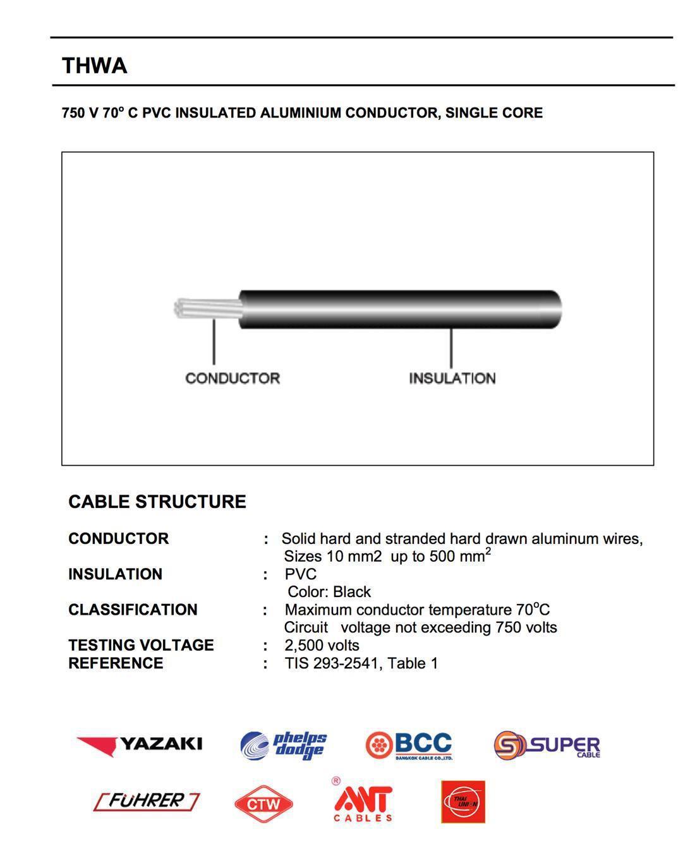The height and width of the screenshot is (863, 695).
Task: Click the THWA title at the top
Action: [x=94, y=66]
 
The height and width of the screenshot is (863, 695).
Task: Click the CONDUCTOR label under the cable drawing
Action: [x=232, y=378]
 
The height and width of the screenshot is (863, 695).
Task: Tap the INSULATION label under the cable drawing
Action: [x=452, y=378]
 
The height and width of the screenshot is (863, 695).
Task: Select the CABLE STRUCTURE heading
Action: [x=157, y=502]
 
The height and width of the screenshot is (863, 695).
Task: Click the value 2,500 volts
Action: [x=322, y=645]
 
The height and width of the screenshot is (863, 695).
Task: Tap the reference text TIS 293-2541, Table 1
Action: [x=361, y=663]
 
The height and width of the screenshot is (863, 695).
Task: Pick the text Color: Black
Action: [x=329, y=592]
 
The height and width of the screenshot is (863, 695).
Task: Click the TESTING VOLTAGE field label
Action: [x=141, y=645]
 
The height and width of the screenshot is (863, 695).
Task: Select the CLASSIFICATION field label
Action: [x=133, y=610]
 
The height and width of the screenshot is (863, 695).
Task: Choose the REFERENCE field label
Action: [x=116, y=663]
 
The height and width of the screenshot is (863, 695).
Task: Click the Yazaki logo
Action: [x=140, y=744]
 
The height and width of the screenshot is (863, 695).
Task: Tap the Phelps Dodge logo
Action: [x=284, y=745]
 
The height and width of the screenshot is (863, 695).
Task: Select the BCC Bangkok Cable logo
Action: [x=409, y=745]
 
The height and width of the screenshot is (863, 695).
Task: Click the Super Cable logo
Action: [x=547, y=746]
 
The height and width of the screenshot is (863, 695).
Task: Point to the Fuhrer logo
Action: [x=147, y=801]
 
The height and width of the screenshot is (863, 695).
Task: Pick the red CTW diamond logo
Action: [x=263, y=804]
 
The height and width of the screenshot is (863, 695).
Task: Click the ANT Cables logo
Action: [x=363, y=801]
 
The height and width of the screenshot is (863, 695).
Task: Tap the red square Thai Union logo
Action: [x=463, y=802]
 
